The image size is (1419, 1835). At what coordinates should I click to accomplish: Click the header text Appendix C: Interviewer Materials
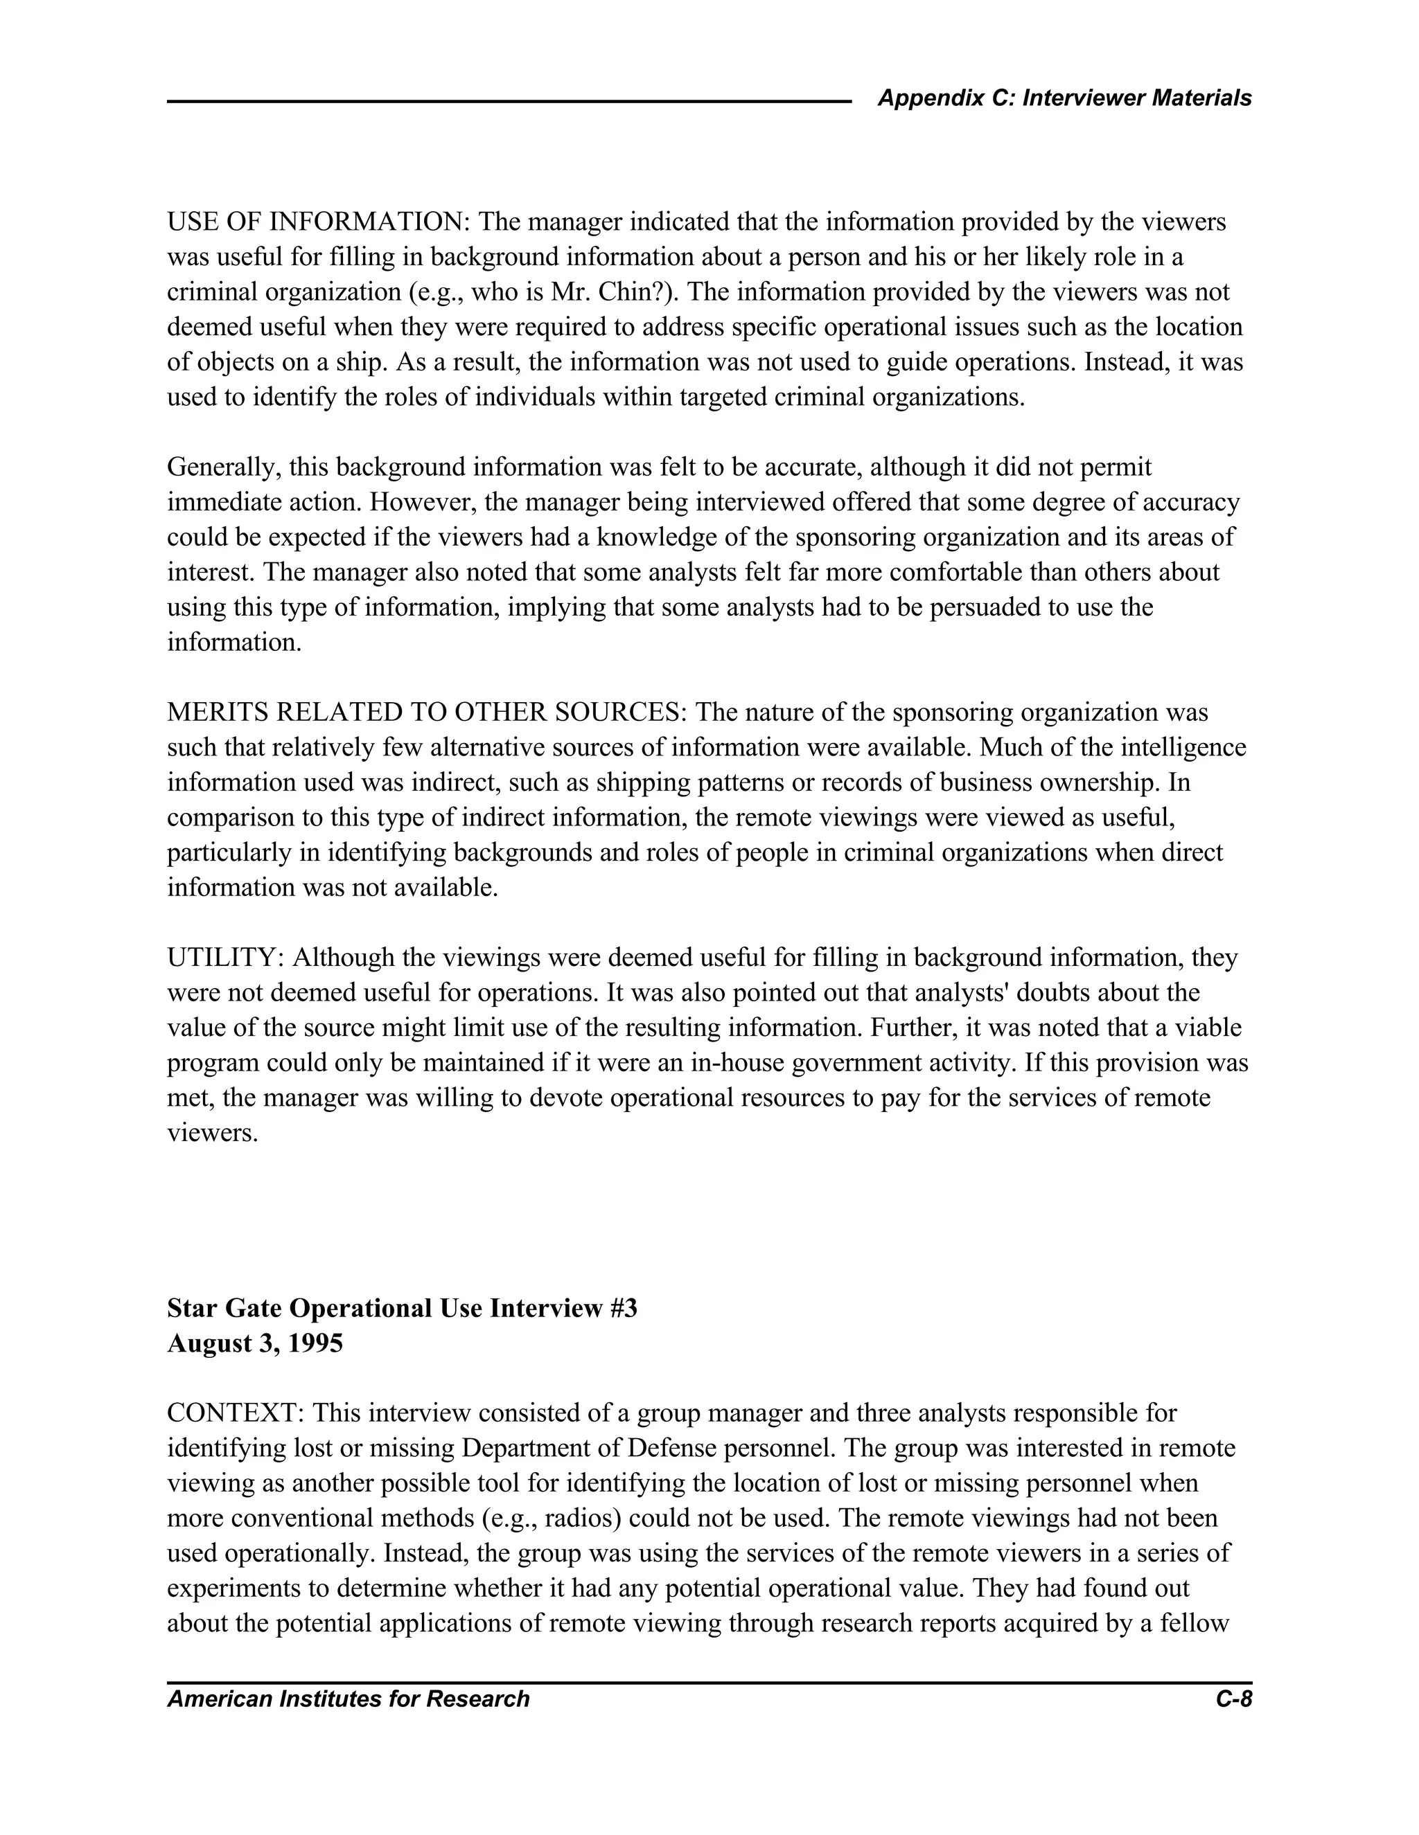coord(1064,98)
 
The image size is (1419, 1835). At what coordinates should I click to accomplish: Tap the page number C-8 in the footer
coord(1233,1699)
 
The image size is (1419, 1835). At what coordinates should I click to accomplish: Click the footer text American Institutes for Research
coord(348,1699)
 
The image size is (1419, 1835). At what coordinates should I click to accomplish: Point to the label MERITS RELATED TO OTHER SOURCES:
coord(427,713)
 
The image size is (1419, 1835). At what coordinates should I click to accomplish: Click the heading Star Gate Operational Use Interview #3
coord(402,1308)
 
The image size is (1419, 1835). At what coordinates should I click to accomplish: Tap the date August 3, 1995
coord(255,1343)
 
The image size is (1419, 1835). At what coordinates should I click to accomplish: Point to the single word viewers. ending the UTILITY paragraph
coord(212,1134)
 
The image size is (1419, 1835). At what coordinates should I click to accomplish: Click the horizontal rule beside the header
coord(509,102)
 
